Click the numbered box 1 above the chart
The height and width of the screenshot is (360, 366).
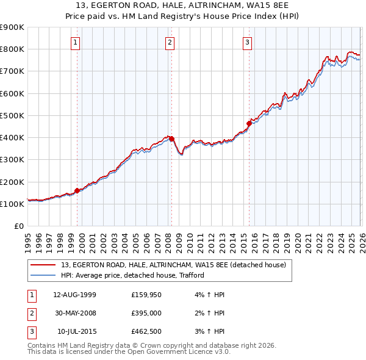(x=75, y=42)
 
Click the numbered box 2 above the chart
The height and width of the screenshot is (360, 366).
(x=169, y=42)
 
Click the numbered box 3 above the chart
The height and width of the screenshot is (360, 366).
(x=247, y=42)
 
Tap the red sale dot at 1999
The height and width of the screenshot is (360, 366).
(x=77, y=190)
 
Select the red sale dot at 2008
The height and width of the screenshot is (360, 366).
(x=171, y=139)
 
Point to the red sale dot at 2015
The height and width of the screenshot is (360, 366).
(x=249, y=123)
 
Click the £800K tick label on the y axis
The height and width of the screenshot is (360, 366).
(x=12, y=49)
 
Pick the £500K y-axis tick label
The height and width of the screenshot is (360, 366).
(x=12, y=115)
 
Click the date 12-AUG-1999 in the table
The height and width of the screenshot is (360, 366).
(x=74, y=295)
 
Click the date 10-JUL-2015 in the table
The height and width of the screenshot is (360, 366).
(x=76, y=333)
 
